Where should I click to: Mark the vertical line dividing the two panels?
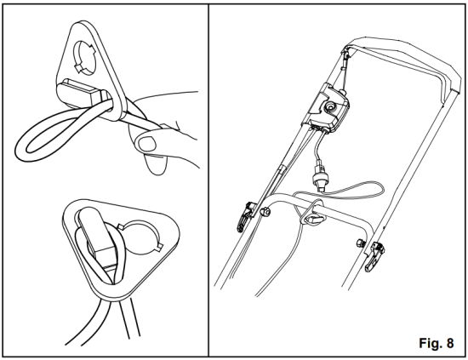click(x=209, y=179)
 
